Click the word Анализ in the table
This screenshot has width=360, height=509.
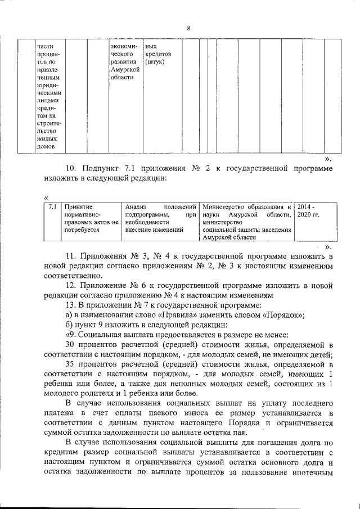(x=136, y=207)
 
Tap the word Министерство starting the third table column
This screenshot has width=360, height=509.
(x=226, y=207)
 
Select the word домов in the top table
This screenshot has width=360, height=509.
(x=46, y=147)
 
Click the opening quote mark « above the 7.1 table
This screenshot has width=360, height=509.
(x=45, y=197)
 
